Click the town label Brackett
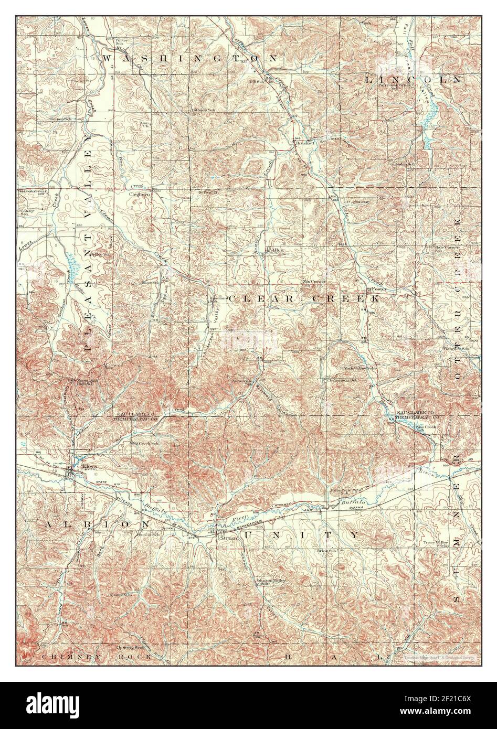click(305, 142)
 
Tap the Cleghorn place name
click(140, 194)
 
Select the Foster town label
click(378, 289)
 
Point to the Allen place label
click(277, 251)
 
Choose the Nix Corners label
click(314, 282)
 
